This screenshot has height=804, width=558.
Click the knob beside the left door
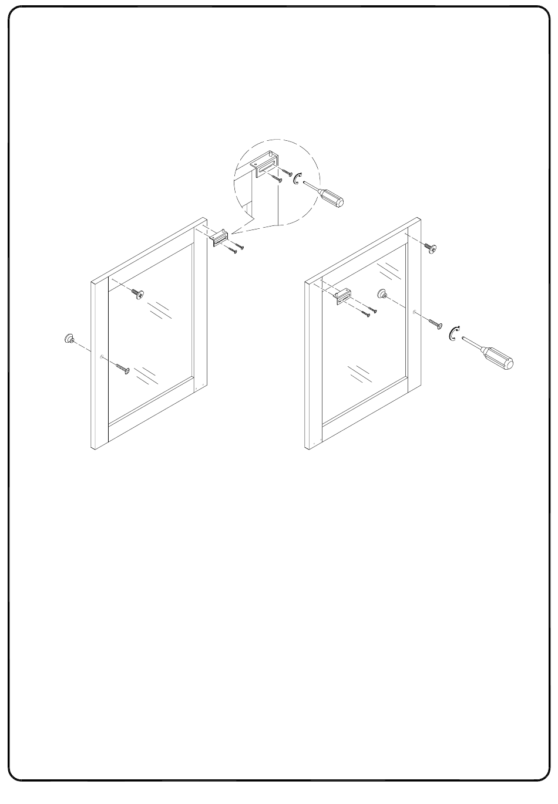coord(69,339)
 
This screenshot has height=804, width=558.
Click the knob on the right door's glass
coord(382,293)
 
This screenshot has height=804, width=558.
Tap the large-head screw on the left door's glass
coord(139,293)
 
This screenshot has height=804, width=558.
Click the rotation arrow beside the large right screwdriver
coord(453,334)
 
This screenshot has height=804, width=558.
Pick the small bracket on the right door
coord(343,295)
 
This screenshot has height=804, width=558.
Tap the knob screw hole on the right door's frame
coord(415,312)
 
